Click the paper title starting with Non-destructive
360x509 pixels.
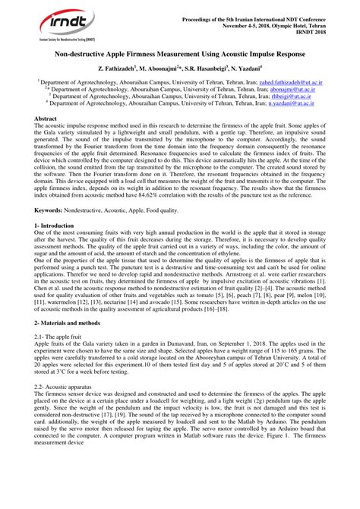click(181, 55)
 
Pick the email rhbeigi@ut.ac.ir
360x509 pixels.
click(270, 96)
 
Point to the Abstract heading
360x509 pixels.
click(49, 120)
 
